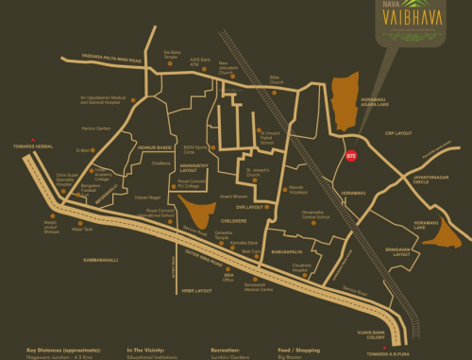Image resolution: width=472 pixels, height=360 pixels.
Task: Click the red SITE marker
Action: click(350, 153)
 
